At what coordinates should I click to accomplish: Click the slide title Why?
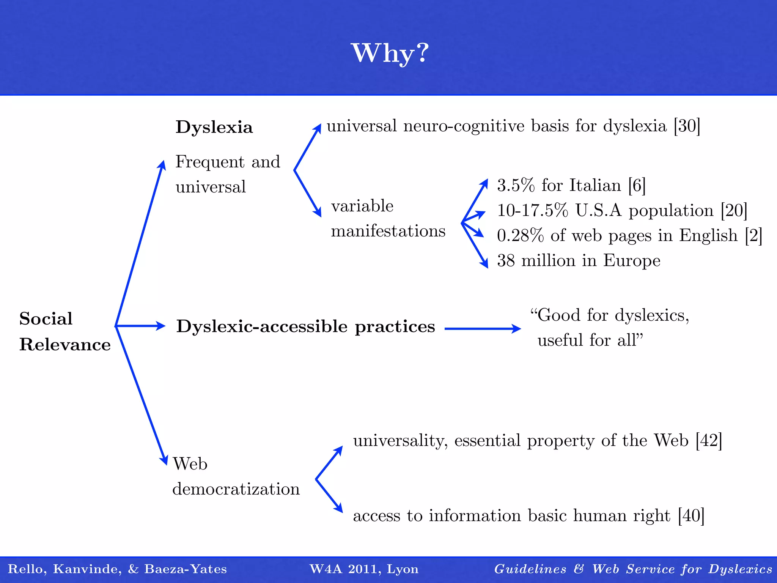[x=390, y=53]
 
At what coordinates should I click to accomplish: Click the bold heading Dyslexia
[x=214, y=127]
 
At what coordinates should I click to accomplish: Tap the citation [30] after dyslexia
[x=687, y=126]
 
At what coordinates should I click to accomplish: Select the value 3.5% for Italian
[x=516, y=186]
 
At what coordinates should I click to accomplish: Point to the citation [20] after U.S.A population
[x=734, y=211]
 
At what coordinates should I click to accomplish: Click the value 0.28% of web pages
[x=520, y=236]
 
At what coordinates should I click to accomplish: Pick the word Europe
[x=632, y=261]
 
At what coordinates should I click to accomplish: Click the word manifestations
[x=388, y=231]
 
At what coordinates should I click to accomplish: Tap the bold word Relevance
[x=65, y=345]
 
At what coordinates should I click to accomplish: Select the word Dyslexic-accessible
[x=262, y=326]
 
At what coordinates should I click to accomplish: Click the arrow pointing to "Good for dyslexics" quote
[x=483, y=329]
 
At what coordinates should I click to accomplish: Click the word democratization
[x=236, y=489]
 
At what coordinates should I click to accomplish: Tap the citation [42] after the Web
[x=708, y=441]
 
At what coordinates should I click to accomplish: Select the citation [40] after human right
[x=691, y=516]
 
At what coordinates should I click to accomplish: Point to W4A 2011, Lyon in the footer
[x=364, y=569]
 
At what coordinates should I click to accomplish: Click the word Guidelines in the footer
[x=530, y=569]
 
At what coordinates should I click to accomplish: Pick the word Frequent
[x=210, y=162]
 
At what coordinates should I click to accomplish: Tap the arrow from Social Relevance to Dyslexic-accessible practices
[x=140, y=326]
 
